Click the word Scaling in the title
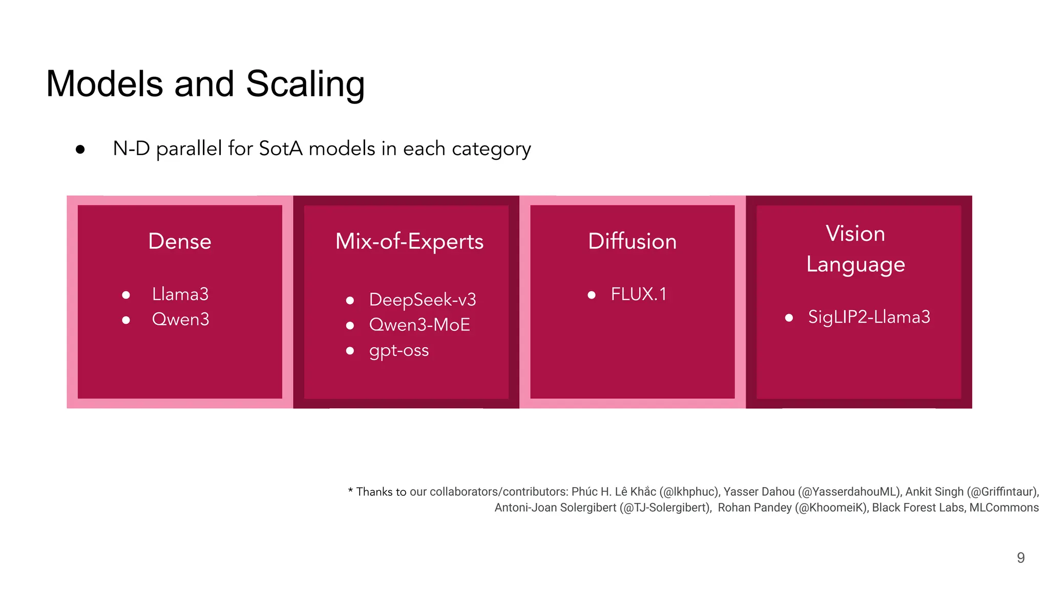click(305, 84)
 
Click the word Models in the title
click(104, 84)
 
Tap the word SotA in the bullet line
click(281, 149)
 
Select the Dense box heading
click(180, 241)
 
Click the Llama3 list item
click(180, 294)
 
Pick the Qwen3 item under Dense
click(180, 320)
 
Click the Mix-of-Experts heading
click(409, 241)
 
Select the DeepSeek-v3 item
click(423, 300)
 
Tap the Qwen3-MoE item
click(419, 325)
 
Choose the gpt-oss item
click(399, 350)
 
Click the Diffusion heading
click(632, 241)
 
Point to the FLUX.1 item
click(639, 294)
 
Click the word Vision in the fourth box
click(855, 234)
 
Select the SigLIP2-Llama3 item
click(869, 317)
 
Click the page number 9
click(1020, 558)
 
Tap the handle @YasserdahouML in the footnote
click(849, 492)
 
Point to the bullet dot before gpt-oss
click(350, 351)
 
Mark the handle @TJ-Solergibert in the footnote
click(664, 508)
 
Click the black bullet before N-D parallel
click(80, 150)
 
